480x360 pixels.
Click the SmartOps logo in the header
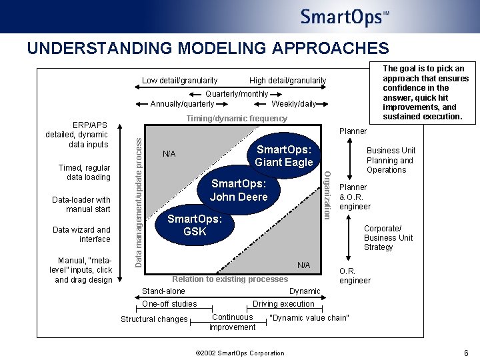coord(344,17)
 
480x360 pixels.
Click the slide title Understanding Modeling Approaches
coord(207,49)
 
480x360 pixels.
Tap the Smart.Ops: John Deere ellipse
coord(239,190)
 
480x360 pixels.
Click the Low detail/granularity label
coord(179,81)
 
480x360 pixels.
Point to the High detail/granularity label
coord(287,81)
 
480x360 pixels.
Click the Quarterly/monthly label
coord(237,94)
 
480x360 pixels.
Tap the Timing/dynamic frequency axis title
coord(237,119)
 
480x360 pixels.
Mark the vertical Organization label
coord(327,194)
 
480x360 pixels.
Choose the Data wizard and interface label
coord(81,235)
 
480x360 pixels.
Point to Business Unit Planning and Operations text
coord(391,160)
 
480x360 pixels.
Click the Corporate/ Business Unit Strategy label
coord(388,238)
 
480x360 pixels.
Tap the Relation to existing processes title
coord(230,279)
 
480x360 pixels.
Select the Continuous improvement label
coord(232,322)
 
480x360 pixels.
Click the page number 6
coord(466,353)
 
